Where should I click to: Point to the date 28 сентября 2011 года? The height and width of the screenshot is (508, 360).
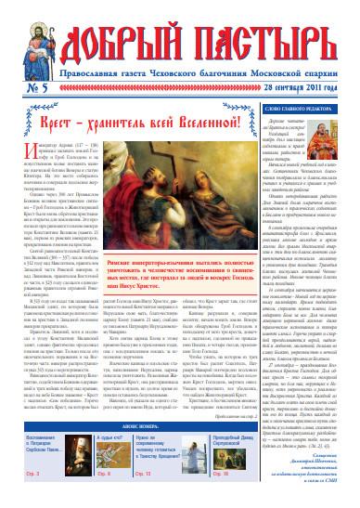pos(307,87)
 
